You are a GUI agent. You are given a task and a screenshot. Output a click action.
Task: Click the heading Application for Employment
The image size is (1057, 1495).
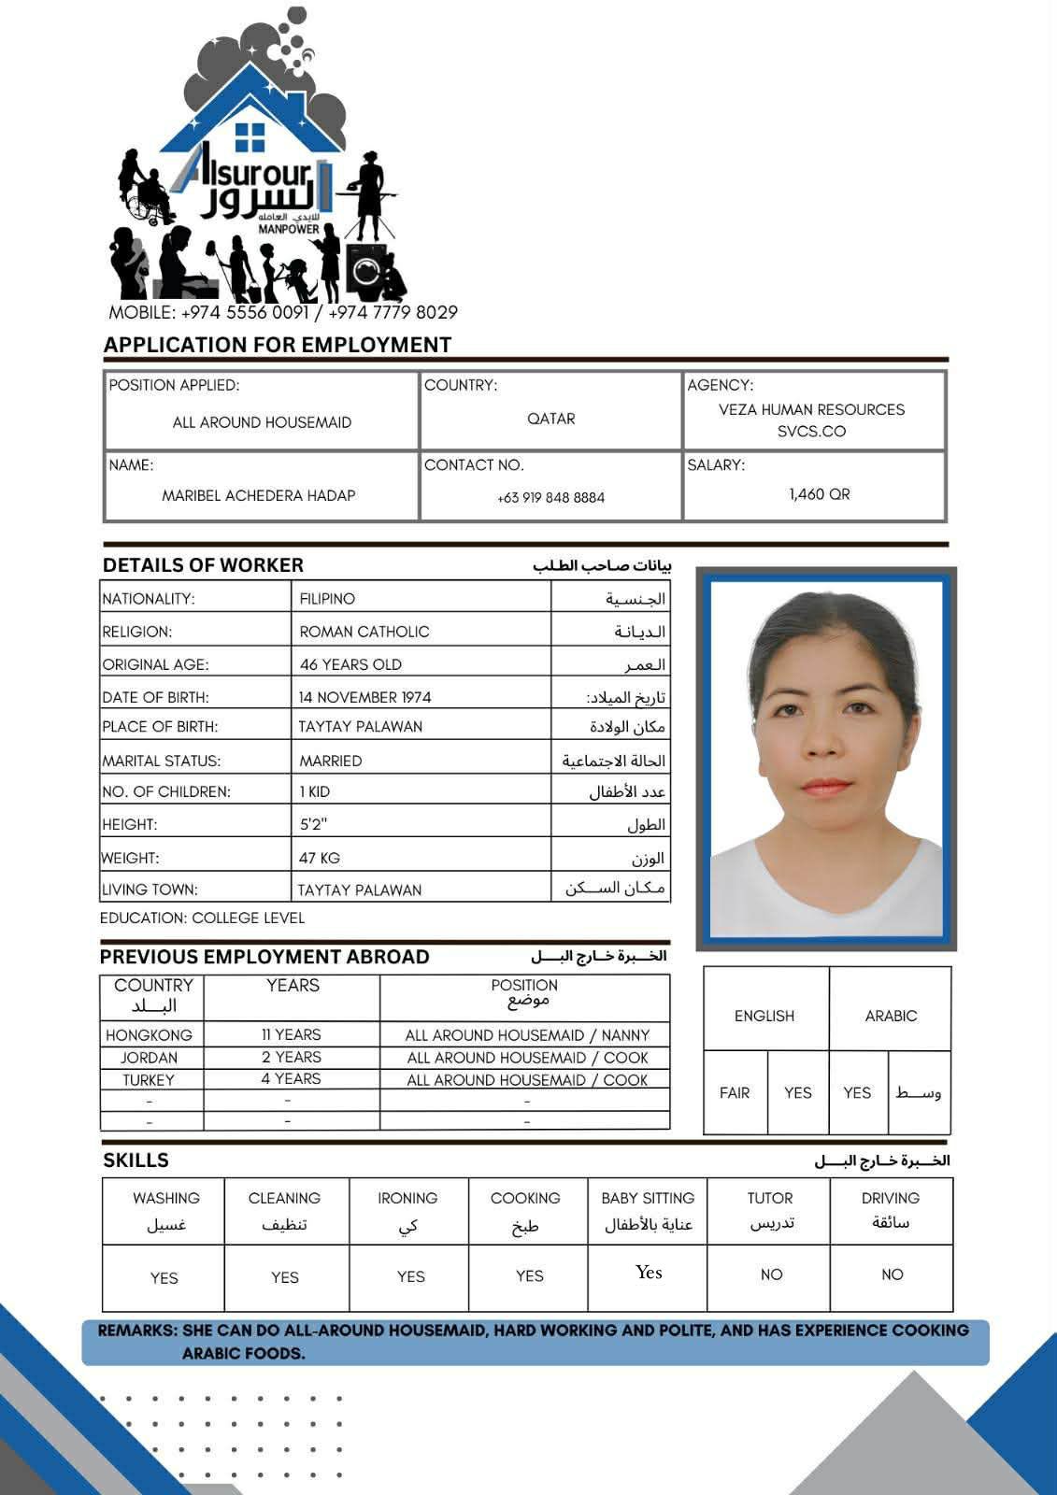277,345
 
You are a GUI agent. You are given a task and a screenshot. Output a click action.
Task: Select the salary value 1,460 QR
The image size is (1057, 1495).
819,494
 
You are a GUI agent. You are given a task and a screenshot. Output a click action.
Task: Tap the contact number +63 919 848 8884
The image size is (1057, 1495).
550,498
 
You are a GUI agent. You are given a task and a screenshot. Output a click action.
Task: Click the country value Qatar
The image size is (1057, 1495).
550,419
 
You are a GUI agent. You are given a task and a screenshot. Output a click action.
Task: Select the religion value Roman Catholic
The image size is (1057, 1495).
364,632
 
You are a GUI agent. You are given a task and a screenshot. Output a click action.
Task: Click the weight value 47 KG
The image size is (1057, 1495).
320,858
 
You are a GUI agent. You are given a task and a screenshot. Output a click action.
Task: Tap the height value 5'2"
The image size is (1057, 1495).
313,825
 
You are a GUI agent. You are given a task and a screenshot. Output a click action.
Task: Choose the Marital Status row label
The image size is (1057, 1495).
162,761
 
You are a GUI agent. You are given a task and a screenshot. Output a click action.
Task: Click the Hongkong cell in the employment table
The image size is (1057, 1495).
149,1035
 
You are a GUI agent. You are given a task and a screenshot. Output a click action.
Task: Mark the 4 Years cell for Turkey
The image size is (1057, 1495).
291,1079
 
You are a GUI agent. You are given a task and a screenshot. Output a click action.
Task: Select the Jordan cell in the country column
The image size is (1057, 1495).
149,1058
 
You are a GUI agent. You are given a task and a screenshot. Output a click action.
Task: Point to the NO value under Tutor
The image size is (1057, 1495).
771,1274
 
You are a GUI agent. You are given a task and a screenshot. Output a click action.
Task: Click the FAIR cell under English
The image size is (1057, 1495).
735,1092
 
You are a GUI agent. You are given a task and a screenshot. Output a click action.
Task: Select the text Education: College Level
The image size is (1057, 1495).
202,918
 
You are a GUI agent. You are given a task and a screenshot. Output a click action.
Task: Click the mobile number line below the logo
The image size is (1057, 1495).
282,312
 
